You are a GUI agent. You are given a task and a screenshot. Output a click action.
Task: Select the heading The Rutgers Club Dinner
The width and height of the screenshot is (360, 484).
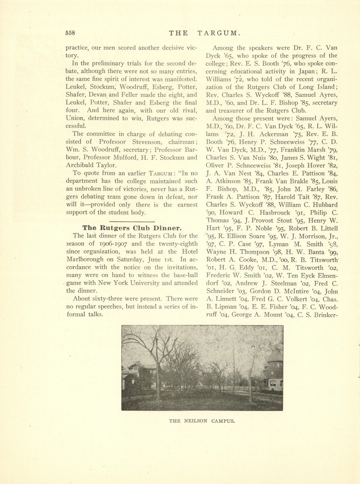pyautogui.click(x=132, y=228)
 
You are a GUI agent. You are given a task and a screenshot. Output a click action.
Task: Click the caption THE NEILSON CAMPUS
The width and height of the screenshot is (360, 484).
pyautogui.click(x=202, y=421)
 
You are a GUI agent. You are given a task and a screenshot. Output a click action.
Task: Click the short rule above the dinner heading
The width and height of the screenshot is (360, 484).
pyautogui.click(x=132, y=222)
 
